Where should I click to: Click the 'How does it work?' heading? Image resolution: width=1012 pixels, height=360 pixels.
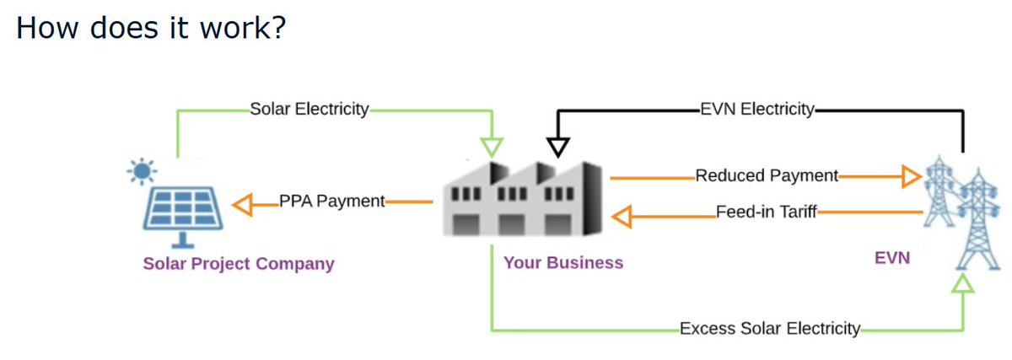click(152, 29)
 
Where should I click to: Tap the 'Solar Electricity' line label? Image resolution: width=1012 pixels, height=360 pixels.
click(310, 109)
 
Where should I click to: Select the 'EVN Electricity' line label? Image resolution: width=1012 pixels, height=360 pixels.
click(756, 109)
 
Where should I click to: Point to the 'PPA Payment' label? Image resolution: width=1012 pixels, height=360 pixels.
click(331, 201)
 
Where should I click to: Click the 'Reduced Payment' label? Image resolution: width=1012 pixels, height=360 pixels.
click(767, 176)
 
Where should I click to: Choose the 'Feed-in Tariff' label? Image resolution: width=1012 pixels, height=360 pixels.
click(766, 212)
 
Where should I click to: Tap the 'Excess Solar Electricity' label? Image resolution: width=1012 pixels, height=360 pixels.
click(770, 328)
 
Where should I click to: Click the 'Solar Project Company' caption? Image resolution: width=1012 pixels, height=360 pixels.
click(239, 264)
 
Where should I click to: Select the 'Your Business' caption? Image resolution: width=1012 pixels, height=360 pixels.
click(563, 262)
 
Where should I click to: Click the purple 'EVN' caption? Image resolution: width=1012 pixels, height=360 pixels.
click(892, 258)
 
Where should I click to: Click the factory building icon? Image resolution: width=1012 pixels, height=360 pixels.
click(522, 199)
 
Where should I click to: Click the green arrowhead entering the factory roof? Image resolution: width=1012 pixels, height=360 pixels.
click(492, 146)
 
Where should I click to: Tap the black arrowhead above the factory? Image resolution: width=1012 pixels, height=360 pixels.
click(557, 147)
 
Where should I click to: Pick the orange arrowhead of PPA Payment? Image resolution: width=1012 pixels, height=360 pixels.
click(242, 202)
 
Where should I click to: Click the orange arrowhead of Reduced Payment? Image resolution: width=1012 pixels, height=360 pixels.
click(910, 177)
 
